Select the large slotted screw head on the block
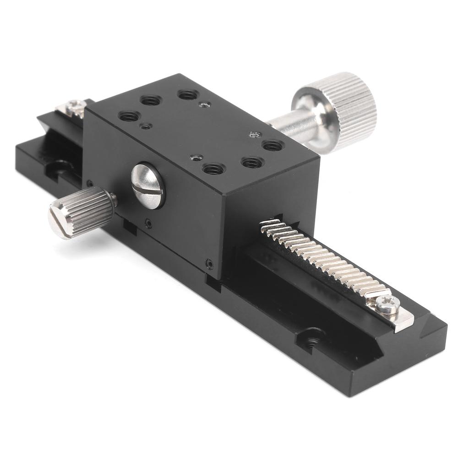pos(147,186)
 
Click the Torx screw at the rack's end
pos(388,304)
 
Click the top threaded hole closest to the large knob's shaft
pos(272,146)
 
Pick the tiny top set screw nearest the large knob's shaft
pos(255,135)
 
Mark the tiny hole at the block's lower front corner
pos(209,264)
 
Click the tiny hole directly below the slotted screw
pos(148,223)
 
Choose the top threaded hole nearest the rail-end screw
pos(129,116)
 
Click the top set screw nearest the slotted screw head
pos(146,126)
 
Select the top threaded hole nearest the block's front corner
pos(213,169)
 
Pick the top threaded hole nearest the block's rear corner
pos(188,95)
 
